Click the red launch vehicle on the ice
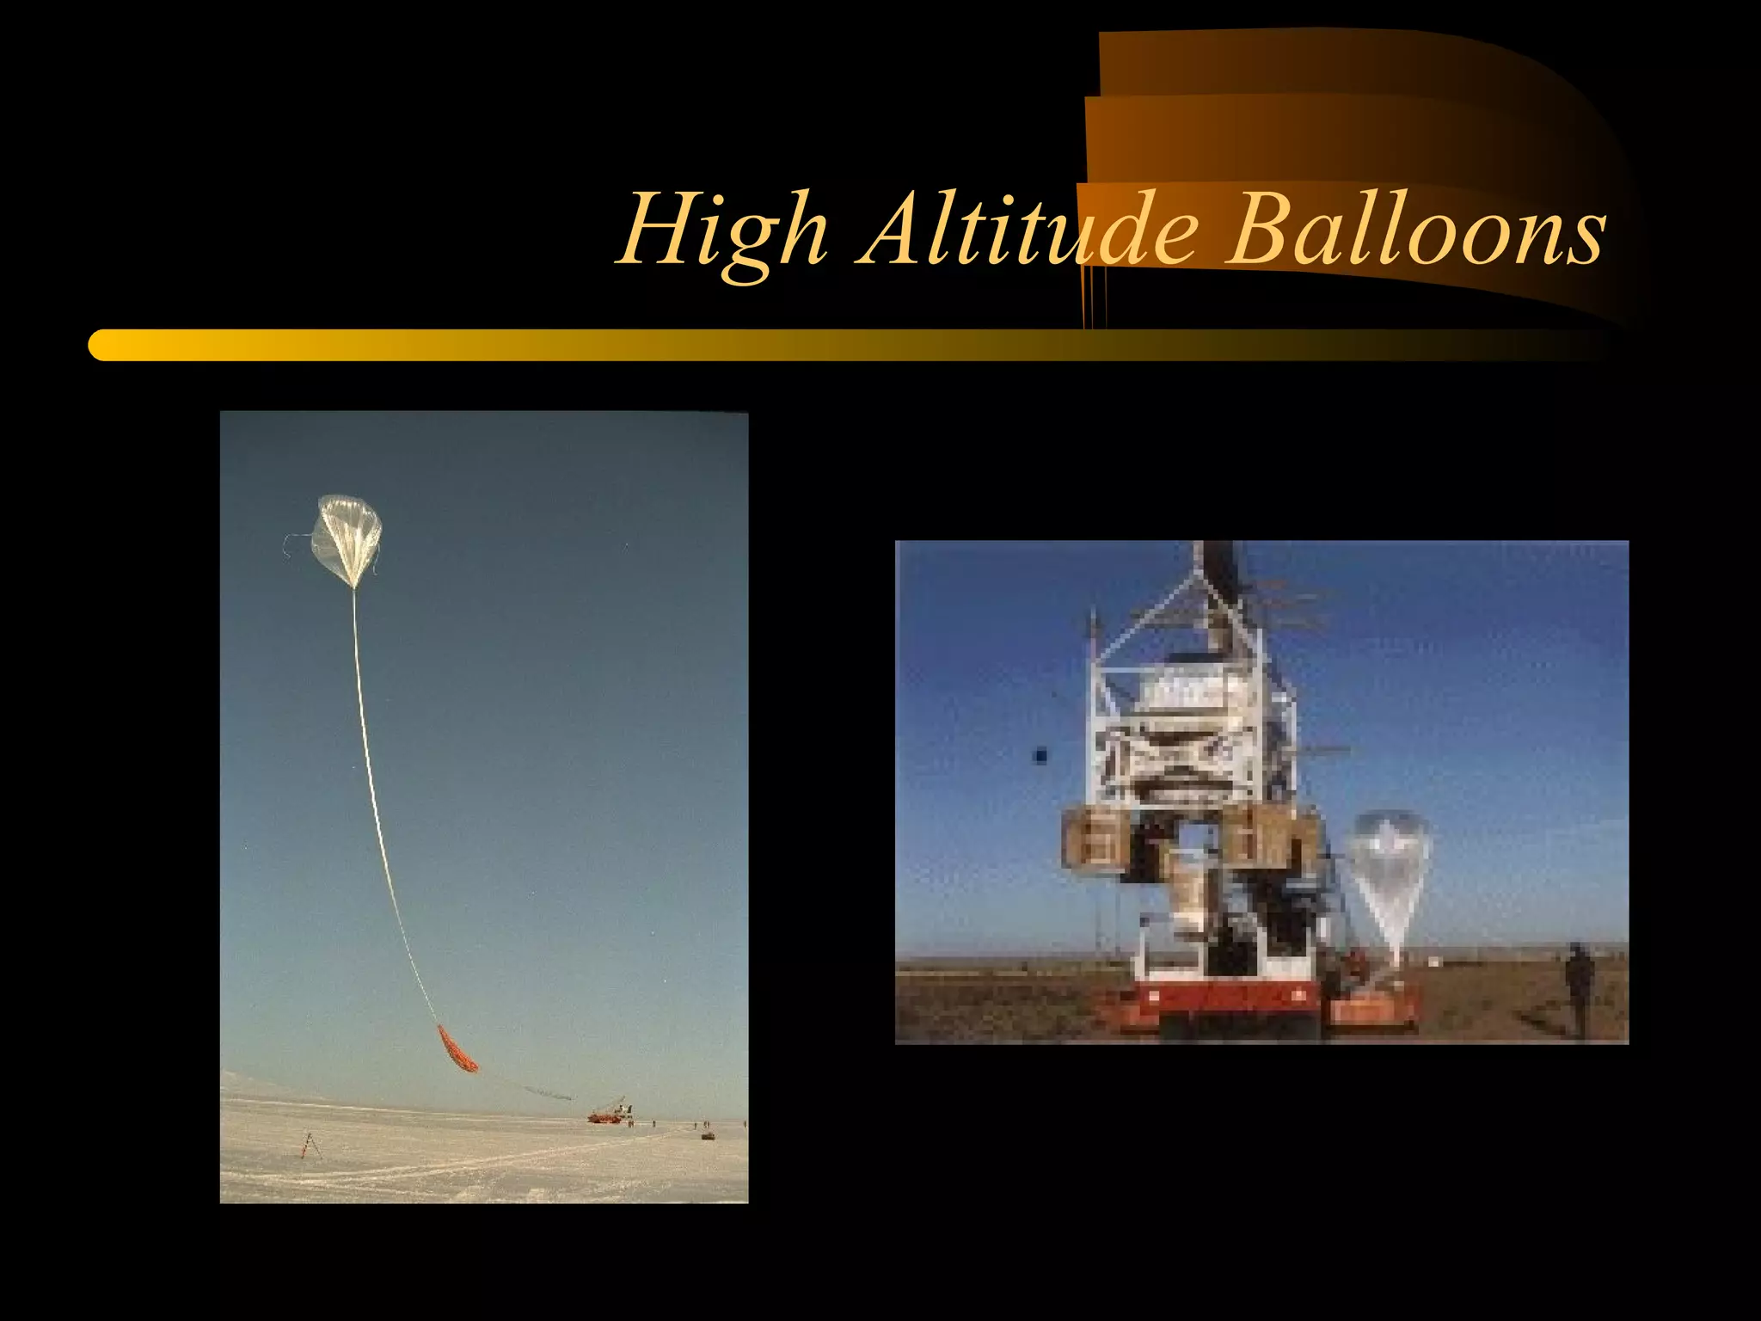(606, 1115)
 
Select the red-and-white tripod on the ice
(307, 1145)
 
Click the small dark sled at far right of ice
(708, 1135)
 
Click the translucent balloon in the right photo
(1388, 869)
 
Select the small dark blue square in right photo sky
(1040, 756)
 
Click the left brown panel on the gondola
(1093, 839)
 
